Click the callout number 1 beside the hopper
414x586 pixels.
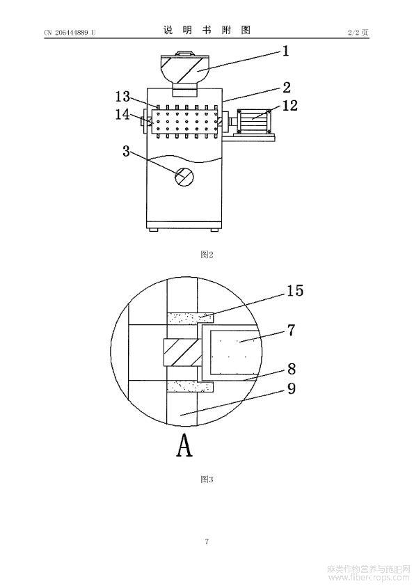[x=285, y=51]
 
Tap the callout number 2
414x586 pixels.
[x=287, y=88]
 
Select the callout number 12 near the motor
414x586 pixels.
[x=289, y=105]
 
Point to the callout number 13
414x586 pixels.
[x=122, y=97]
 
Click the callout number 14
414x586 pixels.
[x=122, y=114]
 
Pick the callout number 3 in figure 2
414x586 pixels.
[x=127, y=151]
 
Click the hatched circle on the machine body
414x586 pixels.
[x=184, y=176]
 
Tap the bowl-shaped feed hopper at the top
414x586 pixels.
[x=183, y=70]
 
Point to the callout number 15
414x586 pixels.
[x=295, y=291]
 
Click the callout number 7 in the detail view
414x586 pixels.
[x=291, y=331]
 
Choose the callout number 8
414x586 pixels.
[x=292, y=369]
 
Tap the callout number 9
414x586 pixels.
[x=292, y=388]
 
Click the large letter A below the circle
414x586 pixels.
[x=184, y=445]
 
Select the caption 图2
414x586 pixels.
[x=207, y=255]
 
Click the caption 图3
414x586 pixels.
[x=207, y=479]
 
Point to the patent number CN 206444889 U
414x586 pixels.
[x=70, y=33]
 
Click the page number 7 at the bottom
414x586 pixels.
[x=207, y=541]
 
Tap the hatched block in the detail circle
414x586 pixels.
[x=183, y=352]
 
